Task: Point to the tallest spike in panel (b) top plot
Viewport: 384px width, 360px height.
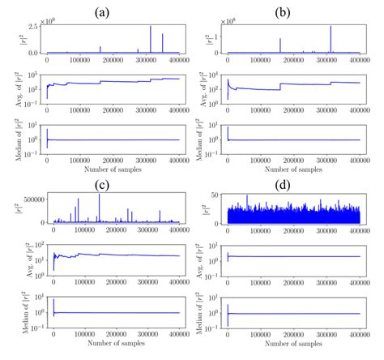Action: point(331,28)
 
